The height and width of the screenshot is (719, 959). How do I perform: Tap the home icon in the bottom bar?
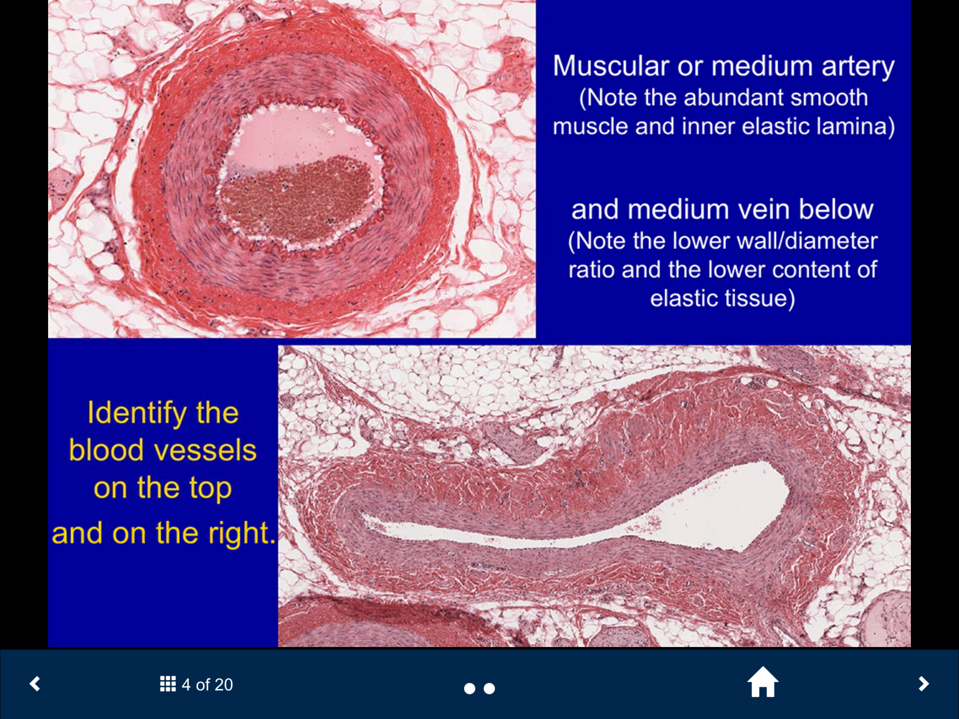pyautogui.click(x=763, y=682)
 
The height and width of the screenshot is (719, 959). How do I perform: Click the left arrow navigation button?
pyautogui.click(x=35, y=684)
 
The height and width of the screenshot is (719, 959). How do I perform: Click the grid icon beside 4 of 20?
pyautogui.click(x=168, y=684)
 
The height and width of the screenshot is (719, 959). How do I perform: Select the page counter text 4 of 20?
pyautogui.click(x=207, y=684)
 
